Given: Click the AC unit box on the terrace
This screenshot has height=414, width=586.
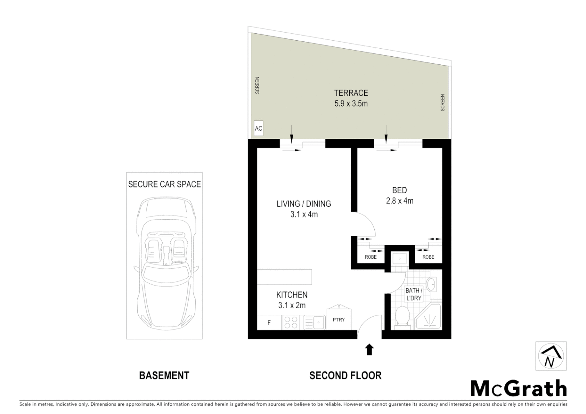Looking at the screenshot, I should (258, 128).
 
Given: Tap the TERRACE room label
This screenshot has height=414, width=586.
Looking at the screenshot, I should (351, 93).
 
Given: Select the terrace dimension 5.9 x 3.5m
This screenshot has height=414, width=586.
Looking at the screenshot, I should (351, 103).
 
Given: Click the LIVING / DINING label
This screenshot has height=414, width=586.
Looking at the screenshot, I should (304, 204).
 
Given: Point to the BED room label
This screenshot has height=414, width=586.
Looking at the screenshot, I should (399, 190).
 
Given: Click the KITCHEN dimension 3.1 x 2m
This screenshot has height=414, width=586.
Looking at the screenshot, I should (292, 306).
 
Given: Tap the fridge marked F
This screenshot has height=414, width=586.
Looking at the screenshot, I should (269, 323).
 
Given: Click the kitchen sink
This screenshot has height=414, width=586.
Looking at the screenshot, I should (318, 322).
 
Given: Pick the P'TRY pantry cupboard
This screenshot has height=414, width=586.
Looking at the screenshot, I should (339, 319).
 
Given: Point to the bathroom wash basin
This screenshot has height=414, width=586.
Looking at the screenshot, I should (431, 285).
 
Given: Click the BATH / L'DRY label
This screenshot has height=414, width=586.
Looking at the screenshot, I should (413, 294).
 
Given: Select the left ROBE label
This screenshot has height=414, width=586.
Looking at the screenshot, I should (370, 257).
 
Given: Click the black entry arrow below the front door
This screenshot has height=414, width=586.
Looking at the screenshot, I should (369, 349).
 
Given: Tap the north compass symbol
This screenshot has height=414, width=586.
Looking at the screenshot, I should (551, 356).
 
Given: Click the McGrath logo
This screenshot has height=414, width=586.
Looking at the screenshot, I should (518, 389).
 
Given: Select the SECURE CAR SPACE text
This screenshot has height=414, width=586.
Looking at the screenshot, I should (164, 184).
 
